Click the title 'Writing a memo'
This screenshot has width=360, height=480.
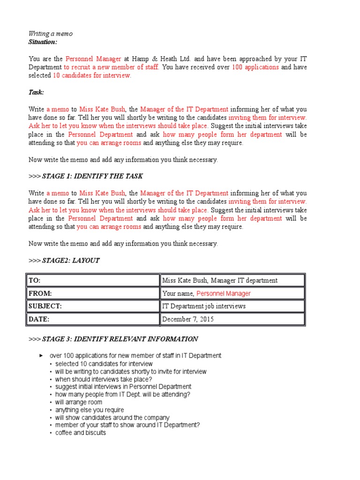(51, 34)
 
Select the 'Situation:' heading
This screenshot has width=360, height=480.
(43, 42)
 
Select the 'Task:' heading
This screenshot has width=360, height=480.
(36, 92)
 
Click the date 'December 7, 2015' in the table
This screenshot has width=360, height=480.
(187, 319)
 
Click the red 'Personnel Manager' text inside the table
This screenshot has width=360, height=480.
(223, 293)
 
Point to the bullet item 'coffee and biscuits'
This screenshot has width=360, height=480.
(80, 433)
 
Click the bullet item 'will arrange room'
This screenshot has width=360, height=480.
(78, 402)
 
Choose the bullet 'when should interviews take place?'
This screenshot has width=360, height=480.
(103, 379)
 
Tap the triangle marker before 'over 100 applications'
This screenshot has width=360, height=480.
(41, 356)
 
